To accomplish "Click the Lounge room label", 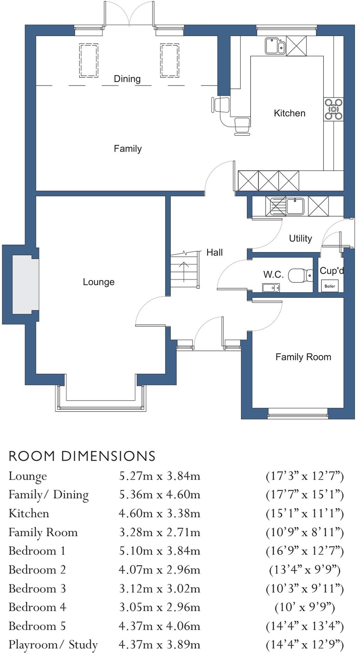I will [x=99, y=282].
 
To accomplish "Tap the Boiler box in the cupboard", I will [x=329, y=286].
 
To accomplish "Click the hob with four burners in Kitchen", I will [x=333, y=109].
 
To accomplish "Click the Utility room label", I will [x=300, y=239].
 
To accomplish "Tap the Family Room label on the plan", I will [x=303, y=357].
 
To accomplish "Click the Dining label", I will [x=127, y=79].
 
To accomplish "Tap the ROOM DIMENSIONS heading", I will [x=82, y=456].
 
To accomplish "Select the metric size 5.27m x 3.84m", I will [x=160, y=476].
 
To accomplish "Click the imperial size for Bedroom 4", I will [x=305, y=607].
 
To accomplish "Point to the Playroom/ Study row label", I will [x=53, y=645].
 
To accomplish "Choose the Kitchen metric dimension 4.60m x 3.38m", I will [x=160, y=514].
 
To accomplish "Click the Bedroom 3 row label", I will [x=37, y=588].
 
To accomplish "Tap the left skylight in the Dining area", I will [x=88, y=60].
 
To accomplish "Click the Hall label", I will [x=214, y=253].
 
